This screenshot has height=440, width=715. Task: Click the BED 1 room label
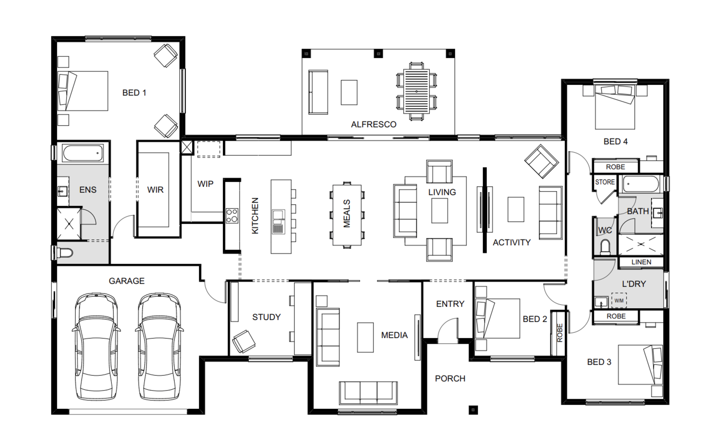click(x=134, y=93)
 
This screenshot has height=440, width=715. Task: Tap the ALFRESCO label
click(x=374, y=125)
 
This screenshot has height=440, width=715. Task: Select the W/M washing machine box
click(x=619, y=301)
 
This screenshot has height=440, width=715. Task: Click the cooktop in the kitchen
click(x=232, y=216)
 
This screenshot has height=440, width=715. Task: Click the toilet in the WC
click(x=605, y=247)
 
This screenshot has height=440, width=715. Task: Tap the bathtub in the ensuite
click(x=83, y=153)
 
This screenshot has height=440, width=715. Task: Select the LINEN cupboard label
click(x=641, y=262)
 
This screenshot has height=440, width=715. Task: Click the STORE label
click(x=605, y=182)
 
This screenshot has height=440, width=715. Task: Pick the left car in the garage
click(x=96, y=347)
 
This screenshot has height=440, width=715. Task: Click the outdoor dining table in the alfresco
click(x=416, y=92)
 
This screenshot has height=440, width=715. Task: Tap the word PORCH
click(x=450, y=379)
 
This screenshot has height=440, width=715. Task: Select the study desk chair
click(x=243, y=342)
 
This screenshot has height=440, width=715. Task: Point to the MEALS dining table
click(x=347, y=215)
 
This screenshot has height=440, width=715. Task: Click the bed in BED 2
click(x=497, y=318)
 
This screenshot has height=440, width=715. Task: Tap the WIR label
click(x=155, y=190)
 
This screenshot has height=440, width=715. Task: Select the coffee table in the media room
click(x=365, y=338)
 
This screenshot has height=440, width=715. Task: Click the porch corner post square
click(x=473, y=410)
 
